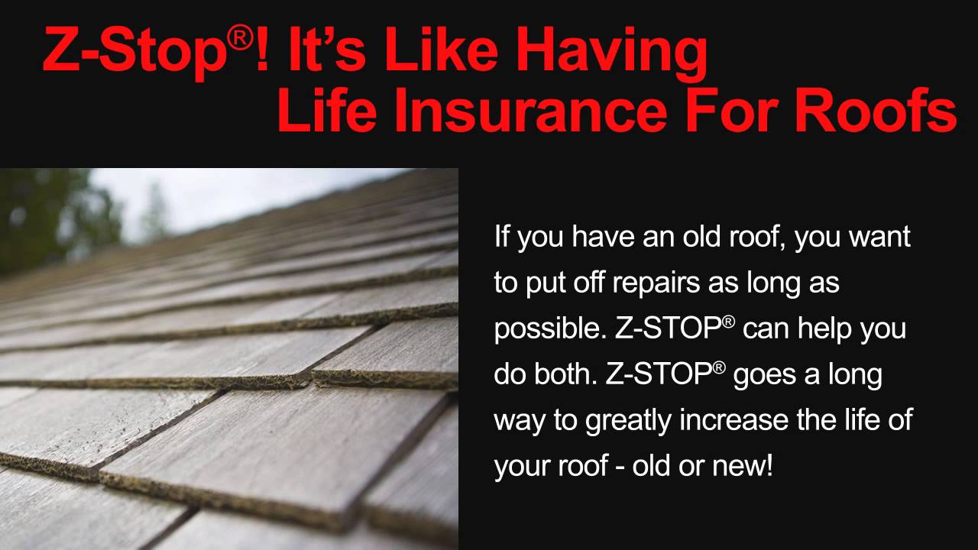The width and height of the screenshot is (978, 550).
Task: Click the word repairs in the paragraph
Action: (x=633, y=283)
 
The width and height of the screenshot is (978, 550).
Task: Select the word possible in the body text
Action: (x=548, y=330)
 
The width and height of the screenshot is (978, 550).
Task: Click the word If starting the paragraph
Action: (x=503, y=237)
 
